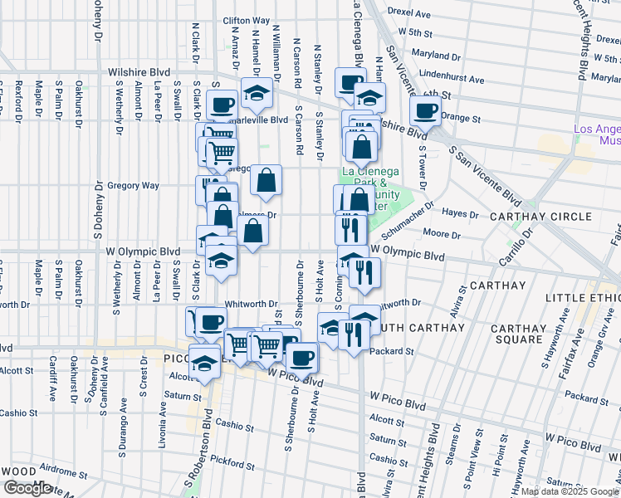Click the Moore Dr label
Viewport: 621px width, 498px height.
[435, 235]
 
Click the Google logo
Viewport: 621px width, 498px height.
[27, 488]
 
